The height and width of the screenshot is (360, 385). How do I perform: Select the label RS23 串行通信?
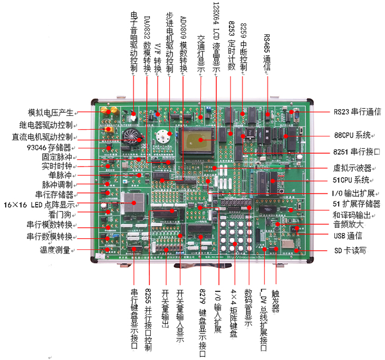pos(357,112)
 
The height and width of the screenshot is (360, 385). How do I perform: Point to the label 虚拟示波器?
pos(353,169)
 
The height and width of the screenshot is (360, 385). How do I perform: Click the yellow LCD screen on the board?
pos(197,139)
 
